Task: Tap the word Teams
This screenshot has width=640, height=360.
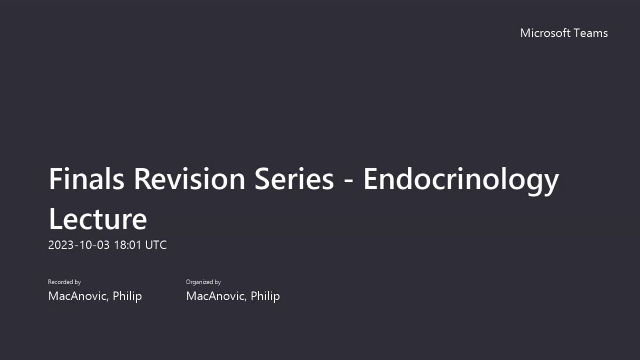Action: [x=590, y=33]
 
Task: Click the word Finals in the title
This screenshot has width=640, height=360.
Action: [x=86, y=179]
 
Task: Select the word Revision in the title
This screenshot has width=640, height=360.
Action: [x=189, y=179]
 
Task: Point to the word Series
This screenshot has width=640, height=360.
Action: [x=294, y=179]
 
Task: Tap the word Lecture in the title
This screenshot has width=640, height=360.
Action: [x=98, y=219]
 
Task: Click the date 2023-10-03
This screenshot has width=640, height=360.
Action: [x=79, y=245]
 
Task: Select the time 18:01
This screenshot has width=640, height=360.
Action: [x=127, y=245]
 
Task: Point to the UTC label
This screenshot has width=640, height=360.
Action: [x=156, y=245]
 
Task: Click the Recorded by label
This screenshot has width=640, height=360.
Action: [x=65, y=282]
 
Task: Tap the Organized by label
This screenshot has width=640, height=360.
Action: [x=203, y=282]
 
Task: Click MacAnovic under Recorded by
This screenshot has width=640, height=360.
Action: [x=78, y=297]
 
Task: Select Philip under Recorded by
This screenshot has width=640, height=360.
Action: [x=127, y=297]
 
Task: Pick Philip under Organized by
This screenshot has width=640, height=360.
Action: [x=265, y=297]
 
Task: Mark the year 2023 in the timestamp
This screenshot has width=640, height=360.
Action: [x=61, y=245]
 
